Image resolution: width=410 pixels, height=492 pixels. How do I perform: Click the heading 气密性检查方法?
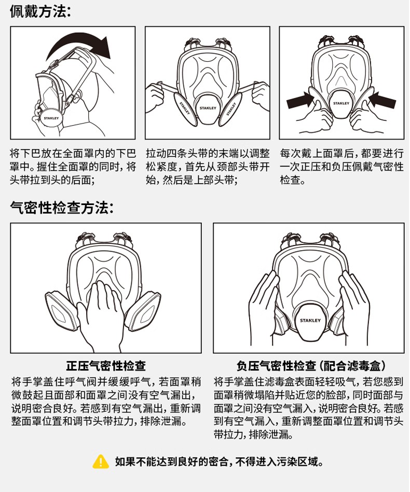pyautogui.click(x=62, y=208)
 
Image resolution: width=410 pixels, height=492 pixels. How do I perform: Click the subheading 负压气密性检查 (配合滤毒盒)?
pyautogui.click(x=311, y=366)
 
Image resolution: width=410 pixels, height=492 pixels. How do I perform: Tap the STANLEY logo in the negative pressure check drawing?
pyautogui.click(x=310, y=320)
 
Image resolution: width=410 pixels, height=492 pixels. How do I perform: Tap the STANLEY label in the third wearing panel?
pyautogui.click(x=341, y=103)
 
